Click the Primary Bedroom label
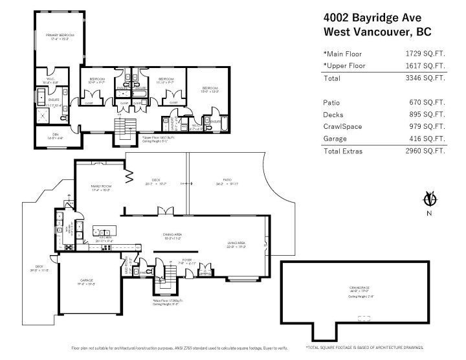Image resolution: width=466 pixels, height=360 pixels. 60,36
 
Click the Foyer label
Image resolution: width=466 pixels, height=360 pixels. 187,261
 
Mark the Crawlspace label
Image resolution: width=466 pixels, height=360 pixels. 359,288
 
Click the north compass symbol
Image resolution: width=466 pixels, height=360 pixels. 427,199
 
